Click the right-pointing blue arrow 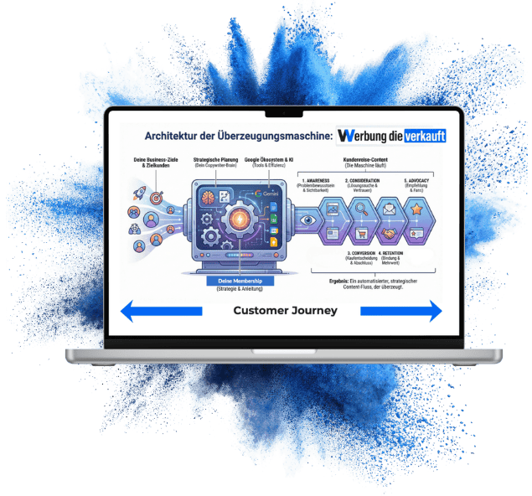click(400, 312)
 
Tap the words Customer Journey click(285, 311)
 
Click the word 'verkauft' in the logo click(424, 136)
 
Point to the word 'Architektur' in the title click(171, 136)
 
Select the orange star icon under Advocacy click(416, 207)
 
